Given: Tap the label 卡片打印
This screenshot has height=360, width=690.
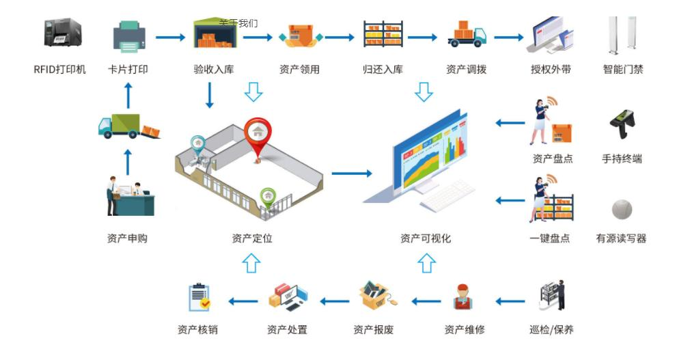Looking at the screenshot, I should pyautogui.click(x=128, y=69).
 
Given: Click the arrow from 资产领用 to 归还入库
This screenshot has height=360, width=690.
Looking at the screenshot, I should pyautogui.click(x=340, y=37).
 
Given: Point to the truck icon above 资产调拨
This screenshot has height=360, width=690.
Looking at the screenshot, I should pyautogui.click(x=467, y=34).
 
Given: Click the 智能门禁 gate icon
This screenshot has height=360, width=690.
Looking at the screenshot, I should pyautogui.click(x=622, y=36).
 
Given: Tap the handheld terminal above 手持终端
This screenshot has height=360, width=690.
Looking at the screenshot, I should pyautogui.click(x=622, y=125).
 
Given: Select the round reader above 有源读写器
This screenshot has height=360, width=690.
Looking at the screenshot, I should pyautogui.click(x=622, y=209).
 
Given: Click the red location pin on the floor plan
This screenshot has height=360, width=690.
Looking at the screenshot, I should pyautogui.click(x=258, y=133).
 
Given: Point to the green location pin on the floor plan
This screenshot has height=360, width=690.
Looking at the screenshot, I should pyautogui.click(x=268, y=196).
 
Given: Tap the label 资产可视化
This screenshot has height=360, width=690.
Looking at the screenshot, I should pyautogui.click(x=426, y=238).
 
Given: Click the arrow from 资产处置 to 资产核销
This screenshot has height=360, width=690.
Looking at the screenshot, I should pyautogui.click(x=242, y=301).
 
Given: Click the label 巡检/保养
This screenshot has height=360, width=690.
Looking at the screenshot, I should pyautogui.click(x=551, y=330).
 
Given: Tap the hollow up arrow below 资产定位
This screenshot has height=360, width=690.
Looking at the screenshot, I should pyautogui.click(x=252, y=262).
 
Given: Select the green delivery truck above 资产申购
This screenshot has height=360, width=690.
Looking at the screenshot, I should pyautogui.click(x=128, y=126).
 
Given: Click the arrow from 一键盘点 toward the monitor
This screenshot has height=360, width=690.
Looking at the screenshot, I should pyautogui.click(x=509, y=201).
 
